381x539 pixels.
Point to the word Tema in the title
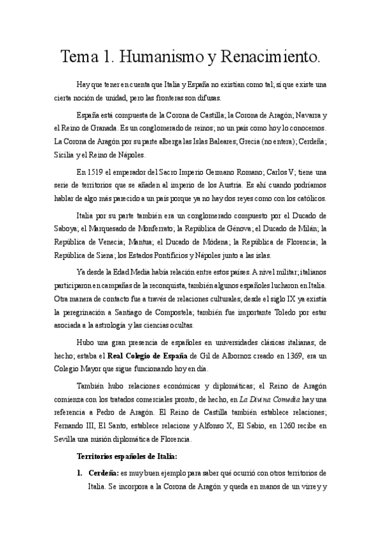[80, 58]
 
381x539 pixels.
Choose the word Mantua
[135, 242]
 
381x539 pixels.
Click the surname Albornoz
[213, 355]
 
